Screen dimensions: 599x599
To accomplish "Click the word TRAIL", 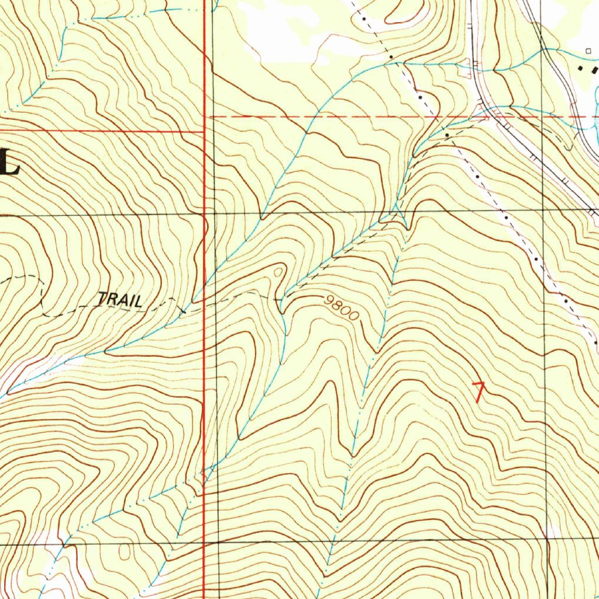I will tap(120, 300).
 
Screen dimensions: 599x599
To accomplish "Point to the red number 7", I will tap(479, 391).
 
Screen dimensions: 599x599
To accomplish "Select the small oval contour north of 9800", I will tap(278, 271).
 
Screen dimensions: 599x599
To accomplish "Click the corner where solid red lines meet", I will tap(204, 131).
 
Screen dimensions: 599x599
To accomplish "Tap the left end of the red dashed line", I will tap(211, 117).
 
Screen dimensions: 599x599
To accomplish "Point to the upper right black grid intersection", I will tap(543, 209).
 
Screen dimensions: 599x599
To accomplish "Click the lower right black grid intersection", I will tap(549, 539).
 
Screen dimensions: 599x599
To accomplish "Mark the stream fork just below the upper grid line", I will tap(397, 216).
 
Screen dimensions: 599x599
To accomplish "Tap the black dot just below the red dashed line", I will tap(447, 135).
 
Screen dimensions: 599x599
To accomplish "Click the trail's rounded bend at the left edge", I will tap(42, 292).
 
